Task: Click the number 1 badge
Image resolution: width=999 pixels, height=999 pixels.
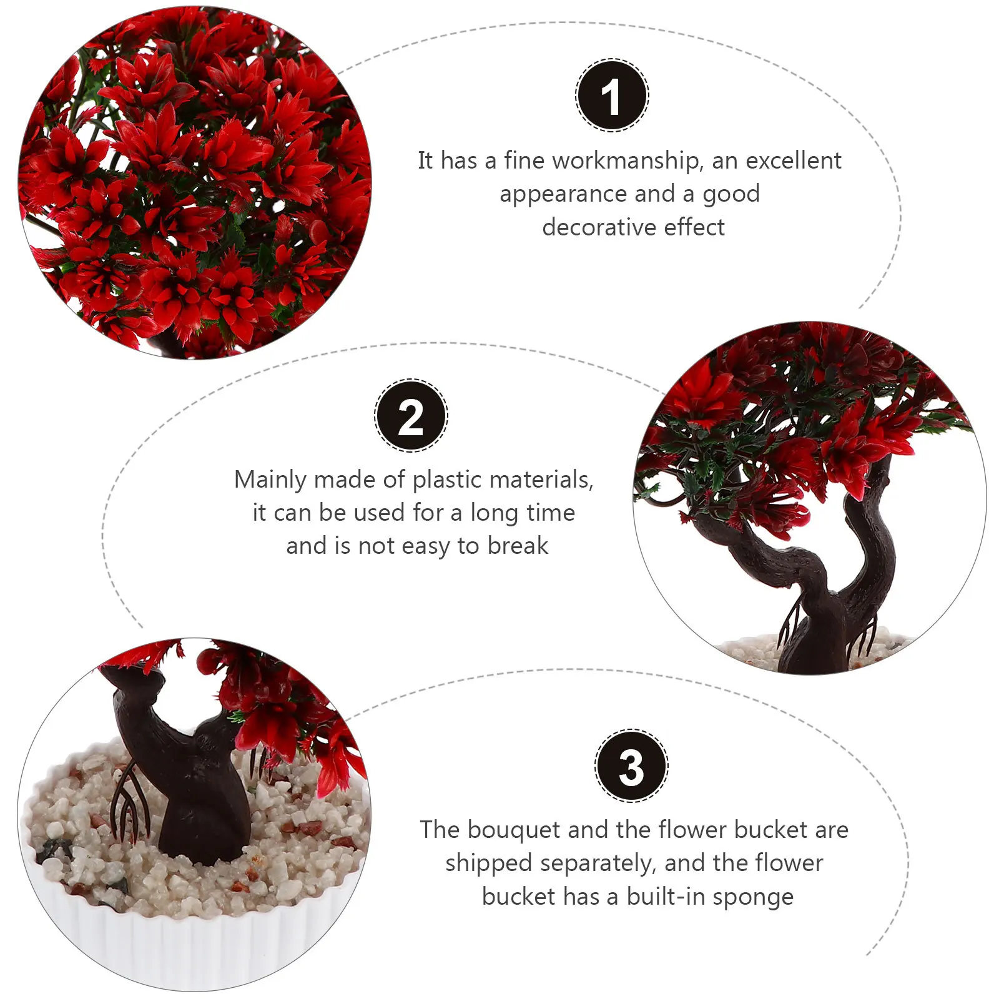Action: click(612, 96)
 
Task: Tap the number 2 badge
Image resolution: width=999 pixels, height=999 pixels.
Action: click(411, 416)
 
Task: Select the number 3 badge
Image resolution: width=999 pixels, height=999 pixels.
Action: click(631, 766)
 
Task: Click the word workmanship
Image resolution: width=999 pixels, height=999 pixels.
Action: click(626, 161)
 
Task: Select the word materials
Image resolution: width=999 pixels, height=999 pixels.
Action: click(545, 480)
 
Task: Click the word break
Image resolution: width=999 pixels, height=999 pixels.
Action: click(518, 546)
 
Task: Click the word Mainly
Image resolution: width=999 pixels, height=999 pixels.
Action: click(270, 480)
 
